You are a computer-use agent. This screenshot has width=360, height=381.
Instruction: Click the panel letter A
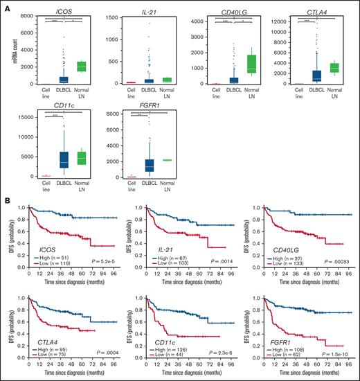6,6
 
